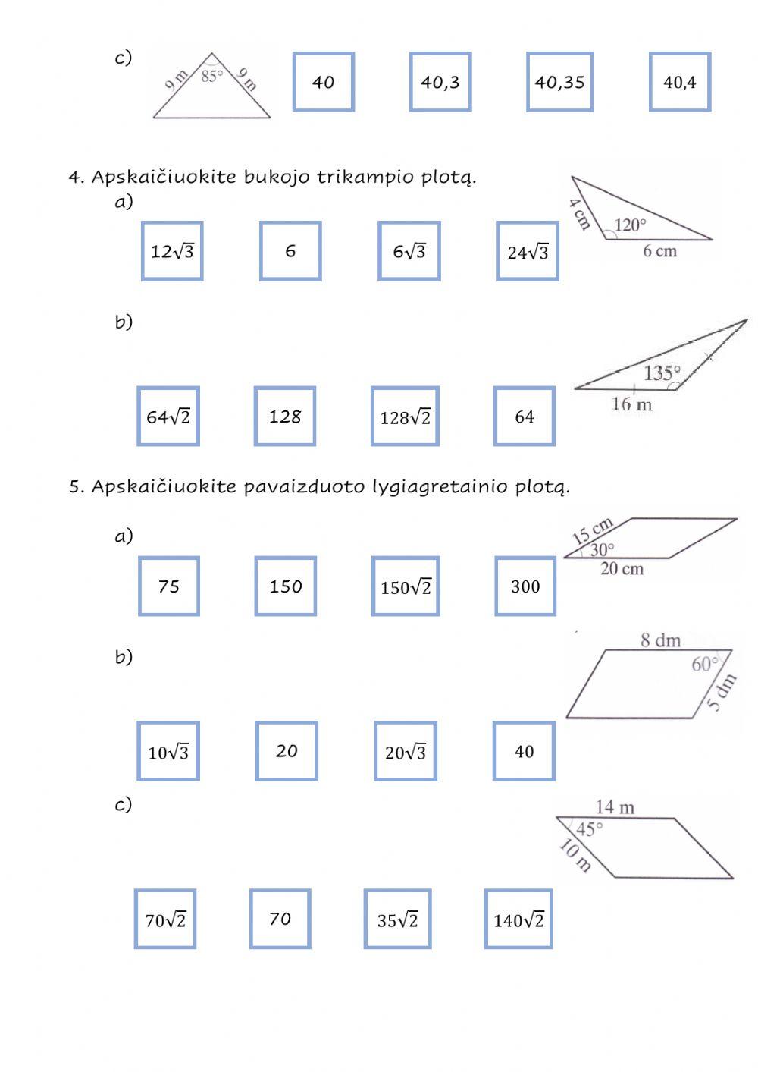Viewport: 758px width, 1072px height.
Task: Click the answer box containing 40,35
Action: click(x=559, y=82)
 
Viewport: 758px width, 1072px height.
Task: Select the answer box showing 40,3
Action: click(x=440, y=82)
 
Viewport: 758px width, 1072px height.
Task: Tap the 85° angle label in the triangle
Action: click(x=212, y=75)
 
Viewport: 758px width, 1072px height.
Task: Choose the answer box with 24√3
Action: click(x=528, y=252)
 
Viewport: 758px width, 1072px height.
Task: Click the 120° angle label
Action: click(x=630, y=225)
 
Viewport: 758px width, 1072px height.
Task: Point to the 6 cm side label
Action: click(x=659, y=251)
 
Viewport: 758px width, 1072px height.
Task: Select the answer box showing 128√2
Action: click(x=405, y=417)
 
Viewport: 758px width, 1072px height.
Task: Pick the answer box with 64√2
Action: click(x=168, y=417)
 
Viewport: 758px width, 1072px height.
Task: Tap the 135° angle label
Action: click(x=662, y=373)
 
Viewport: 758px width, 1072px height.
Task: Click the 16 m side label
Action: click(x=631, y=404)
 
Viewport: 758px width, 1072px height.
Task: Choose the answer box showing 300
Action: click(x=525, y=586)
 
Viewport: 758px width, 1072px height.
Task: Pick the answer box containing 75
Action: click(x=169, y=586)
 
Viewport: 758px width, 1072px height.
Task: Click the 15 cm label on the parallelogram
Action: click(x=592, y=530)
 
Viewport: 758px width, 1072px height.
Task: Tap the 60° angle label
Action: click(x=705, y=665)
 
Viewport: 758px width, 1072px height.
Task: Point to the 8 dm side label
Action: click(x=660, y=640)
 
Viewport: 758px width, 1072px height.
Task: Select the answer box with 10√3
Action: click(x=168, y=752)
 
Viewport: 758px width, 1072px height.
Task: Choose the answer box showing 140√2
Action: click(x=518, y=920)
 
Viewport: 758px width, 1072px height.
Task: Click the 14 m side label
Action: click(x=615, y=807)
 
